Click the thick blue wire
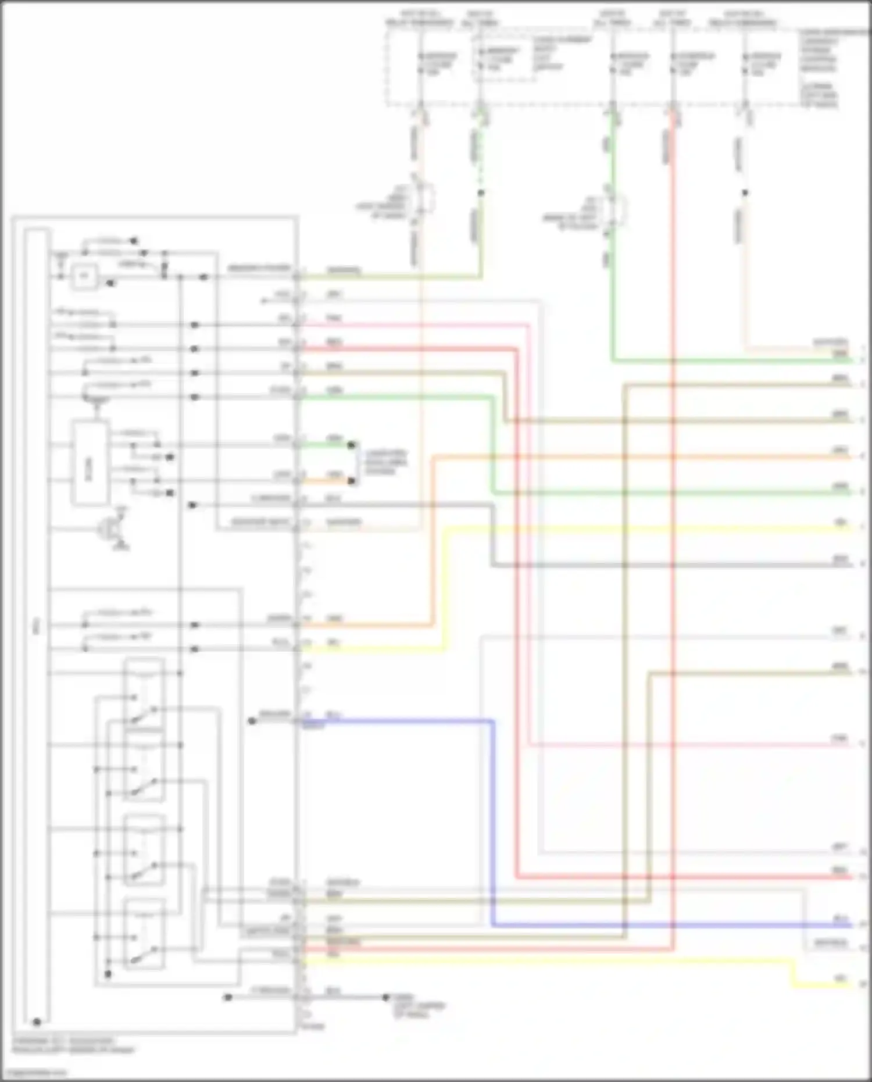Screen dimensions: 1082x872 point(493,826)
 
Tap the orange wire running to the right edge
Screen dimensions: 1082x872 point(639,458)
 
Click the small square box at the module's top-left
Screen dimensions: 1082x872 point(85,276)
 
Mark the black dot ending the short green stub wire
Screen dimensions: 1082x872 point(351,445)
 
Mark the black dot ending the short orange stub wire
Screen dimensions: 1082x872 point(351,481)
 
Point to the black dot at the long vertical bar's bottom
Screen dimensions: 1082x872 point(37,1022)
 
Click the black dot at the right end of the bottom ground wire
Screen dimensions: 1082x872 point(385,997)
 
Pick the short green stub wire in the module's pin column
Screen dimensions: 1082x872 point(326,445)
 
